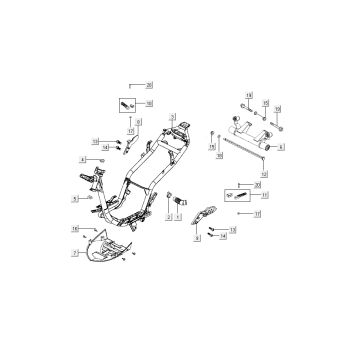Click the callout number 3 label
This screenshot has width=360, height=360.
pos(173,117)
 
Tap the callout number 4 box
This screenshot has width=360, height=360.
pos(84,160)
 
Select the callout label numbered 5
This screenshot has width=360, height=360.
pos(75,199)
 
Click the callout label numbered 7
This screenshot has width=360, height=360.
pos(75,254)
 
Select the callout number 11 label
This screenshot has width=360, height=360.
pos(257,214)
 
